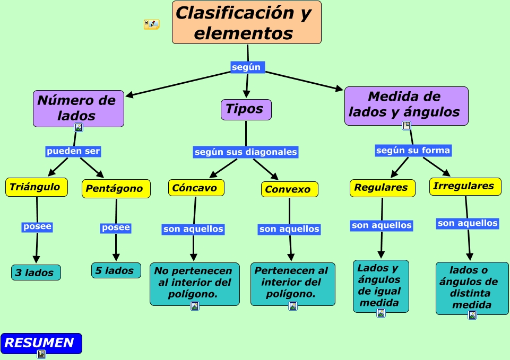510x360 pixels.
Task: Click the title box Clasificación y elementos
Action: click(247, 22)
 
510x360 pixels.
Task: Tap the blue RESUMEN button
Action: click(41, 343)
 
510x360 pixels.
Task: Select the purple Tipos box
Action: click(246, 110)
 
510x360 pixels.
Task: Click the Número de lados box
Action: click(79, 109)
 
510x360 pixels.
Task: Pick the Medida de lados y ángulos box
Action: click(406, 106)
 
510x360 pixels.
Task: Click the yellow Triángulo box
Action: click(37, 187)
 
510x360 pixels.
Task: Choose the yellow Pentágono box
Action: click(116, 189)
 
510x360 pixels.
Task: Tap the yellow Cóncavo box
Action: click(196, 188)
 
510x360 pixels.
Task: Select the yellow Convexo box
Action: click(289, 189)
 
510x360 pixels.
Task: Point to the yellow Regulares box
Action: click(383, 188)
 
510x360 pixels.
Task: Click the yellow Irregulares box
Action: click(465, 187)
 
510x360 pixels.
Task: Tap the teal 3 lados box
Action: click(36, 273)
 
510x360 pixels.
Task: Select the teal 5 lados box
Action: click(116, 270)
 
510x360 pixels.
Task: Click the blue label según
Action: click(247, 67)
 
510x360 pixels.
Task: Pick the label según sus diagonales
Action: click(246, 152)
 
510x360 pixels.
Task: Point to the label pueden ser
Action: click(73, 151)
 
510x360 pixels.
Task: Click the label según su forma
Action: click(413, 151)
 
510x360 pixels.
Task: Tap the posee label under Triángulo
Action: click(37, 227)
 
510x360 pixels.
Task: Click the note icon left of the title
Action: click(152, 24)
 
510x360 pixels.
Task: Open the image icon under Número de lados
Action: click(79, 127)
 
